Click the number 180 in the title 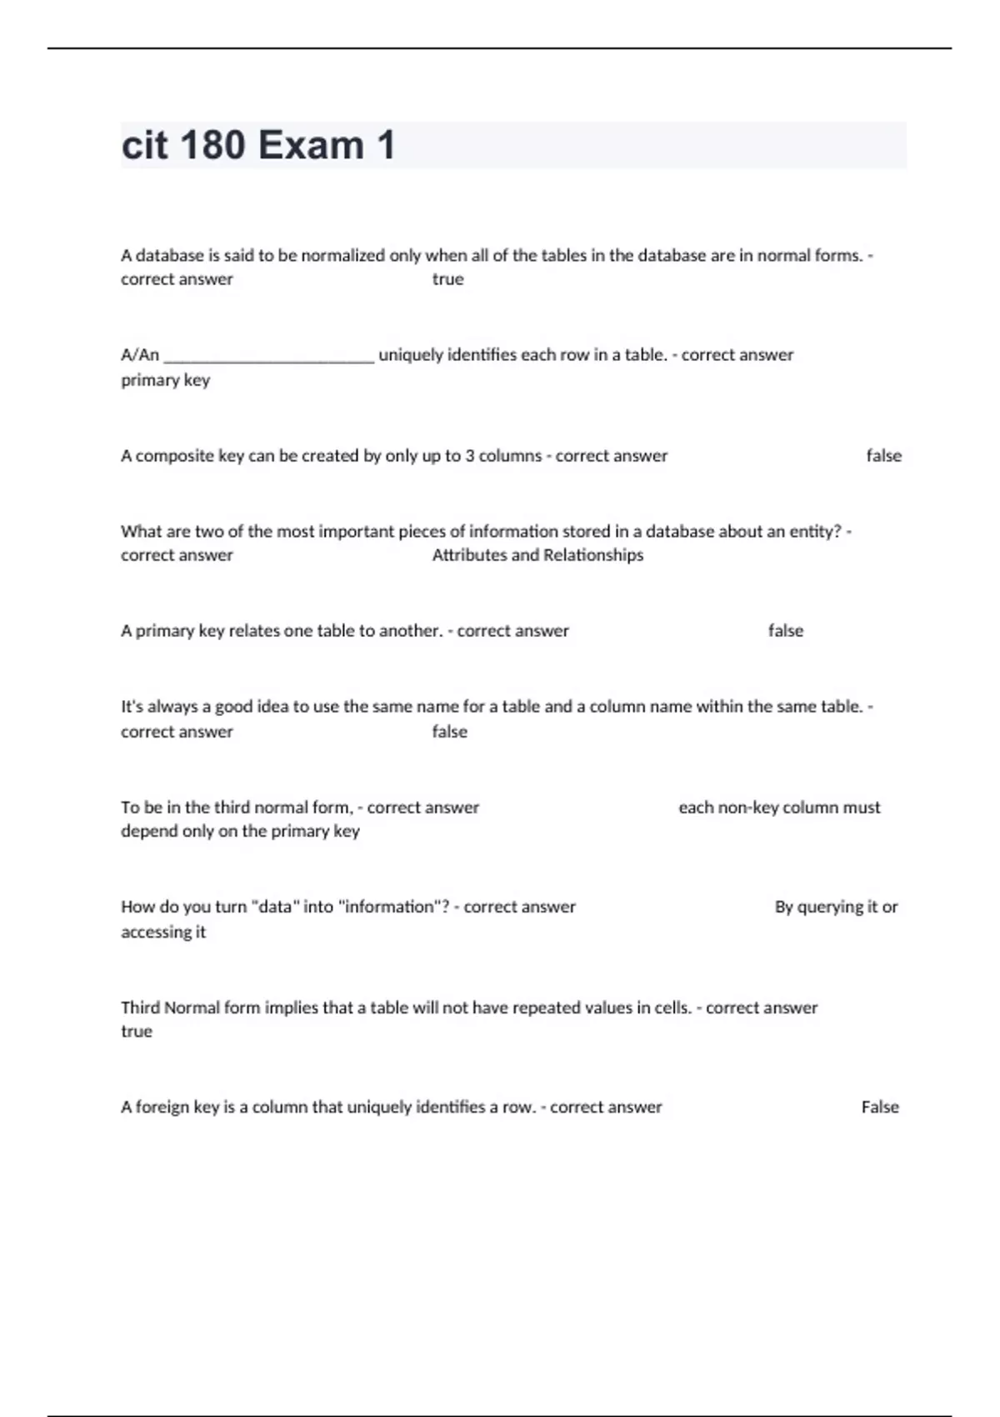coord(212,145)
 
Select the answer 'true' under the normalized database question coord(447,279)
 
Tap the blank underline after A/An coord(268,356)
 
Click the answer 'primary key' coord(165,380)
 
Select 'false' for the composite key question coord(883,456)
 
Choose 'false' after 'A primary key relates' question coord(785,631)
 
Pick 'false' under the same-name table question coord(449,732)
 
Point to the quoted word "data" coord(274,906)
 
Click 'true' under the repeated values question coord(137,1032)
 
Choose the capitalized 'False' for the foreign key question coord(880,1107)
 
